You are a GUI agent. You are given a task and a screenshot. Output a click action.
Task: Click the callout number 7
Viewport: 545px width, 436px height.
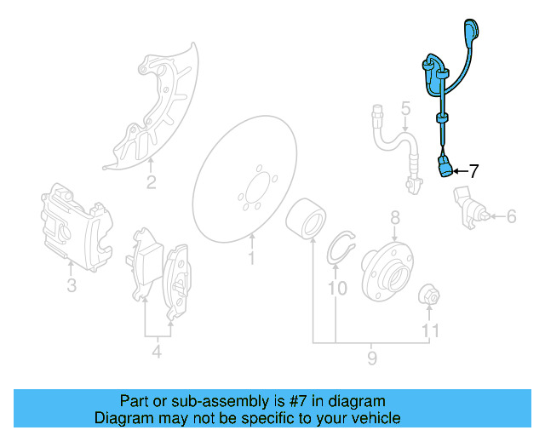point(473,171)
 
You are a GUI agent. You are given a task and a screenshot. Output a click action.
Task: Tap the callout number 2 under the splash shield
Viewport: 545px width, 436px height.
point(151,182)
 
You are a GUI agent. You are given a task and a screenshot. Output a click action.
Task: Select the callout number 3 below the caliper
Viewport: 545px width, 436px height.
point(72,285)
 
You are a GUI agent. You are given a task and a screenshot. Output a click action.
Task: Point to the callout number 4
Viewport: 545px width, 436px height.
point(156,351)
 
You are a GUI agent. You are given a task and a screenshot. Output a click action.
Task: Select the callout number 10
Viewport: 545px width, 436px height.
point(337,289)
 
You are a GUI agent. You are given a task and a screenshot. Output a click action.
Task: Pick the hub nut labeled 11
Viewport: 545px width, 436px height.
point(431,296)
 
